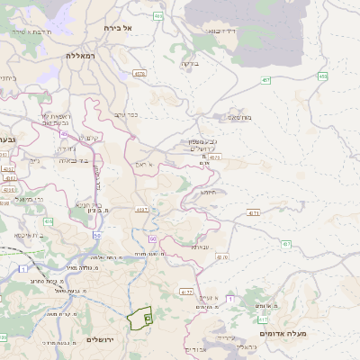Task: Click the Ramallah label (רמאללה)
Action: [x=80, y=56]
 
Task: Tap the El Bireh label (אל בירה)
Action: [x=118, y=28]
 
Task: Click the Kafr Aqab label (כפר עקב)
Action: [x=125, y=114]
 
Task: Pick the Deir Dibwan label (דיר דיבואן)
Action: [x=221, y=31]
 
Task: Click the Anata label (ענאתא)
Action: [x=199, y=246]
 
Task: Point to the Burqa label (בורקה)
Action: [x=187, y=63]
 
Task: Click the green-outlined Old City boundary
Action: [x=140, y=319]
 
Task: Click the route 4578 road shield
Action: [x=139, y=74]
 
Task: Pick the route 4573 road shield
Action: [x=214, y=157]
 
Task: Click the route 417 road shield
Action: [x=262, y=319]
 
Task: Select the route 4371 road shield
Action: [x=253, y=213]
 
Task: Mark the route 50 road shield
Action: [x=152, y=238]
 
